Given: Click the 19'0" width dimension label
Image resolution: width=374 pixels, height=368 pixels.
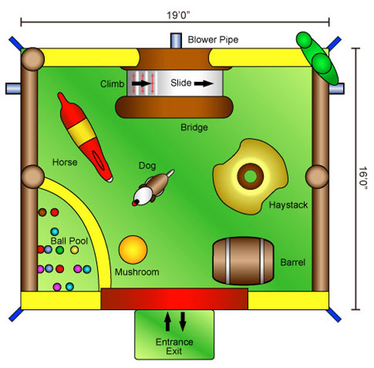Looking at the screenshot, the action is click(x=178, y=15).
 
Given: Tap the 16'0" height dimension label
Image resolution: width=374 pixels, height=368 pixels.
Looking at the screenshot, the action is click(x=363, y=178).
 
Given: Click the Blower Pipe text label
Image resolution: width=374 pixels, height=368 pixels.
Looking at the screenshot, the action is click(x=213, y=40).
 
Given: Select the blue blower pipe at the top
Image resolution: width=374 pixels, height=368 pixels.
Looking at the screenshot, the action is click(x=176, y=41).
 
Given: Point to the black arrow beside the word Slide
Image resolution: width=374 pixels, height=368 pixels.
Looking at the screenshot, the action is click(x=204, y=84).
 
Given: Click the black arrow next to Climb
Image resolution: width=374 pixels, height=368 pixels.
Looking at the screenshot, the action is click(x=141, y=84).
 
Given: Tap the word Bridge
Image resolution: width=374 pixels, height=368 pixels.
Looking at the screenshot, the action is click(x=194, y=127).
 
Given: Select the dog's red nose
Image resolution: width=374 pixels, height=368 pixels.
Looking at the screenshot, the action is click(x=135, y=203).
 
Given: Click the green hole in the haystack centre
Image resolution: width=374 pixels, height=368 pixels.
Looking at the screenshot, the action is click(x=250, y=177).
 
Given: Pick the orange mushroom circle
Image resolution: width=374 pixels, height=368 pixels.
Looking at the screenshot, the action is click(x=133, y=249).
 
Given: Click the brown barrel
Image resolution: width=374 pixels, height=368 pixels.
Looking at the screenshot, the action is click(x=243, y=261).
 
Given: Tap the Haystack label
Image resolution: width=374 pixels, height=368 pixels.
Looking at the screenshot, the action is click(x=289, y=205).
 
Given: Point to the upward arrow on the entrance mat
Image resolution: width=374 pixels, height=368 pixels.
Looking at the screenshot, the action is click(x=168, y=321).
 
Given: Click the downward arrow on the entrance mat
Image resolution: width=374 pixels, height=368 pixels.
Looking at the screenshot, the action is click(x=183, y=321).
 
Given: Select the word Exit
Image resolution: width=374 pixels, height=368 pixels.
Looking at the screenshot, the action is click(x=174, y=351).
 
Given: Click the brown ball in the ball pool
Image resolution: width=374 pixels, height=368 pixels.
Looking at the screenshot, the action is click(x=42, y=212).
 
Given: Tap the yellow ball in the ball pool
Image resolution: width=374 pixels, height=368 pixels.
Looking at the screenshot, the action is click(x=74, y=250).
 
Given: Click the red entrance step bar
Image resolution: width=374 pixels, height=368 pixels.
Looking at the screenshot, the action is click(x=175, y=299).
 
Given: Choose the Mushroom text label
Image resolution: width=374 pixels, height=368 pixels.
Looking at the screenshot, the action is click(x=137, y=272).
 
